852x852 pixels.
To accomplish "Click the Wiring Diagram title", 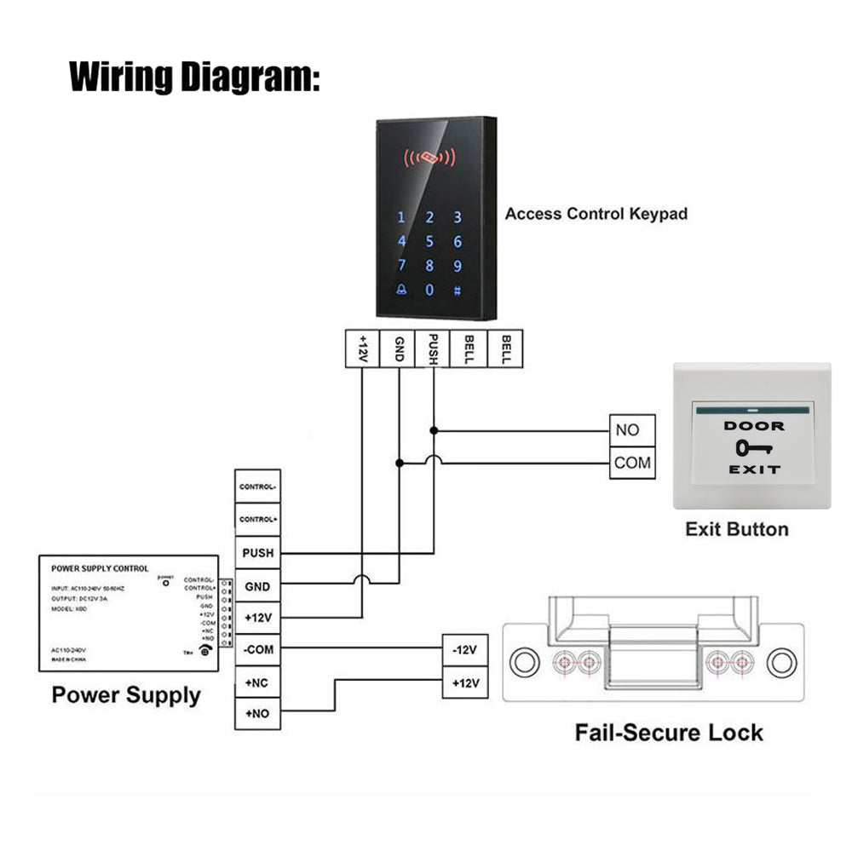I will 194,76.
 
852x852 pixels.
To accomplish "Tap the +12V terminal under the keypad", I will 362,348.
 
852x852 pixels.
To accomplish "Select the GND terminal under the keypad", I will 398,348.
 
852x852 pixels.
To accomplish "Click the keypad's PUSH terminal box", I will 434,348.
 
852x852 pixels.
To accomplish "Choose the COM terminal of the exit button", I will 632,463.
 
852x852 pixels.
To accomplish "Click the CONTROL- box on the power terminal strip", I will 258,486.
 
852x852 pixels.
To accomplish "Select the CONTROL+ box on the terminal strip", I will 258,519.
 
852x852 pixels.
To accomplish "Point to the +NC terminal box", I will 258,682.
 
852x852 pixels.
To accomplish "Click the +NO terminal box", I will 258,714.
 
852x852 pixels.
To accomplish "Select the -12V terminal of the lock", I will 464,650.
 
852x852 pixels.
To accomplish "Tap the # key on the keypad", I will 458,290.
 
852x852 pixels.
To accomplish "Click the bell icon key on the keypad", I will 401,290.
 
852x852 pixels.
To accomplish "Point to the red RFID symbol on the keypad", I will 429,158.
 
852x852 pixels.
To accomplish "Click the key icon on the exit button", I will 751,447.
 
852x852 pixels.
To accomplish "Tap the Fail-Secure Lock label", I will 669,732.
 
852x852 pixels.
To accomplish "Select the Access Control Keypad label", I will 596,214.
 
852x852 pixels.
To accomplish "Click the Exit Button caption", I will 736,529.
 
